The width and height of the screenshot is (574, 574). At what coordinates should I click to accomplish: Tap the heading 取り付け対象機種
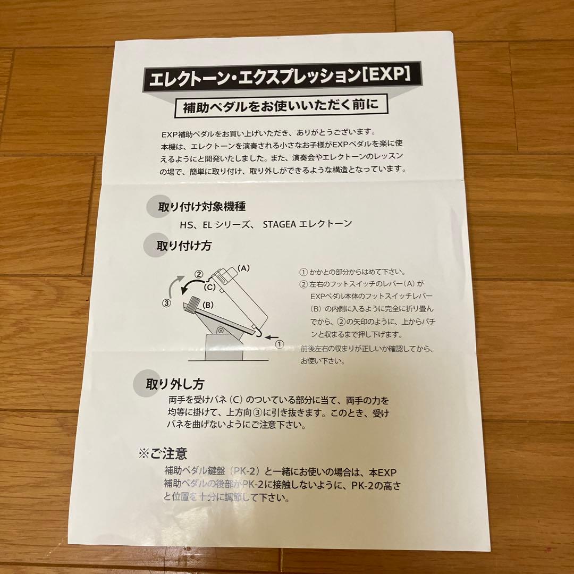click(x=201, y=206)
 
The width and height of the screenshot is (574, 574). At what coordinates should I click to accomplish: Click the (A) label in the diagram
click(x=243, y=268)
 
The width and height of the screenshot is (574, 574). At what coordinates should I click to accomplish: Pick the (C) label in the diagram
click(x=209, y=288)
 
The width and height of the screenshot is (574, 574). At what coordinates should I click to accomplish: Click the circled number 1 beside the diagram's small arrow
click(x=280, y=344)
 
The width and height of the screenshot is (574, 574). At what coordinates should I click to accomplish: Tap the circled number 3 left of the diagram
click(x=166, y=303)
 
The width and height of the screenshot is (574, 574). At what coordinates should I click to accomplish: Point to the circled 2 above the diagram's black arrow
click(x=199, y=274)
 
